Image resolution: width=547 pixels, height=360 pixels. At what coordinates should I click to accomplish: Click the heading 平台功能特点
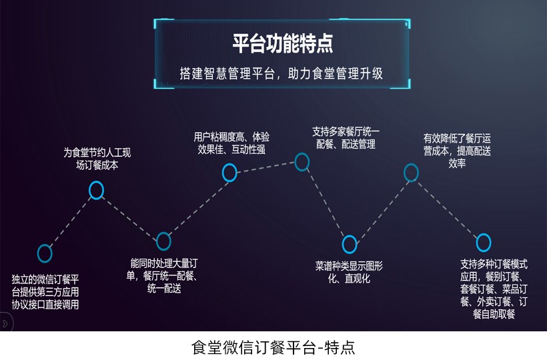(x=282, y=44)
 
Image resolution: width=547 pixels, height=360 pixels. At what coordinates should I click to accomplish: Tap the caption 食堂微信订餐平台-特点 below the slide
(x=273, y=347)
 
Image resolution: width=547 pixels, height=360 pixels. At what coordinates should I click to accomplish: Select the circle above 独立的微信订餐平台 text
(x=45, y=253)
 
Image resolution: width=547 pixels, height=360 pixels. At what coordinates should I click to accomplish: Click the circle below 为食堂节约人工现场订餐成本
(x=97, y=191)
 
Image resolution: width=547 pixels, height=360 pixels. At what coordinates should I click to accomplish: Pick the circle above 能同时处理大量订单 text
(x=163, y=241)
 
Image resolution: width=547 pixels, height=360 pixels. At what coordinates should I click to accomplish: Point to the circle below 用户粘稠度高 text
(x=229, y=173)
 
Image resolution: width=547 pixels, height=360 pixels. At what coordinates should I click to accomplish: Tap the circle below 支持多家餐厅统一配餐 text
(x=302, y=161)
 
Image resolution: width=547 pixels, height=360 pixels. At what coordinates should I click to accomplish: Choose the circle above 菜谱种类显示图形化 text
(x=350, y=245)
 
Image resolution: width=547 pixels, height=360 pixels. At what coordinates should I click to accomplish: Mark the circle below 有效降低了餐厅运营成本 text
(x=411, y=173)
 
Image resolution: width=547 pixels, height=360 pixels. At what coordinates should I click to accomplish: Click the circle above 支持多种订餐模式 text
(x=484, y=242)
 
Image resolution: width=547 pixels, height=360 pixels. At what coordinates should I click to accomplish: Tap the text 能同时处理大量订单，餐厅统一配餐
(x=164, y=276)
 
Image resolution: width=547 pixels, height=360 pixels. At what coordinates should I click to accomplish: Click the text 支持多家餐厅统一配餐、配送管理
(x=346, y=137)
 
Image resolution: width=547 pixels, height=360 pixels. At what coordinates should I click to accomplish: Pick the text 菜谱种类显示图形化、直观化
(x=349, y=272)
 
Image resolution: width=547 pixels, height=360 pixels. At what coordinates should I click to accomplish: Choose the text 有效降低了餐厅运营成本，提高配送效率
(x=457, y=151)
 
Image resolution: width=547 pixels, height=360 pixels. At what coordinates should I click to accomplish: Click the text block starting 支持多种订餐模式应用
(x=494, y=287)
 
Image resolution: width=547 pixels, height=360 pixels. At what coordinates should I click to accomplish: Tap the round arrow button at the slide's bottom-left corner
(x=5, y=324)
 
